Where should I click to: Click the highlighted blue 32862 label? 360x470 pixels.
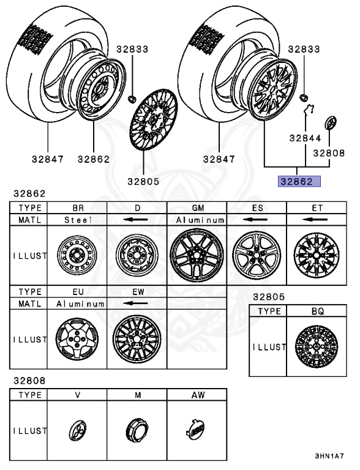[x=296, y=181]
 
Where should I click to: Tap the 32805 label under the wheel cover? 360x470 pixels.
[x=144, y=181]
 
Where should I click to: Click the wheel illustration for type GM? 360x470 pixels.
[x=197, y=255]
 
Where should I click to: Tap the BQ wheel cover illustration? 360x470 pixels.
[x=317, y=347]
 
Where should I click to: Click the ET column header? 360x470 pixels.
[x=317, y=207]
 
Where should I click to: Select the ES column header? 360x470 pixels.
[x=257, y=207]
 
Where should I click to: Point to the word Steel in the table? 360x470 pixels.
[x=77, y=219]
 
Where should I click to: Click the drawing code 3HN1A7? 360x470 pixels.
[x=329, y=457]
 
